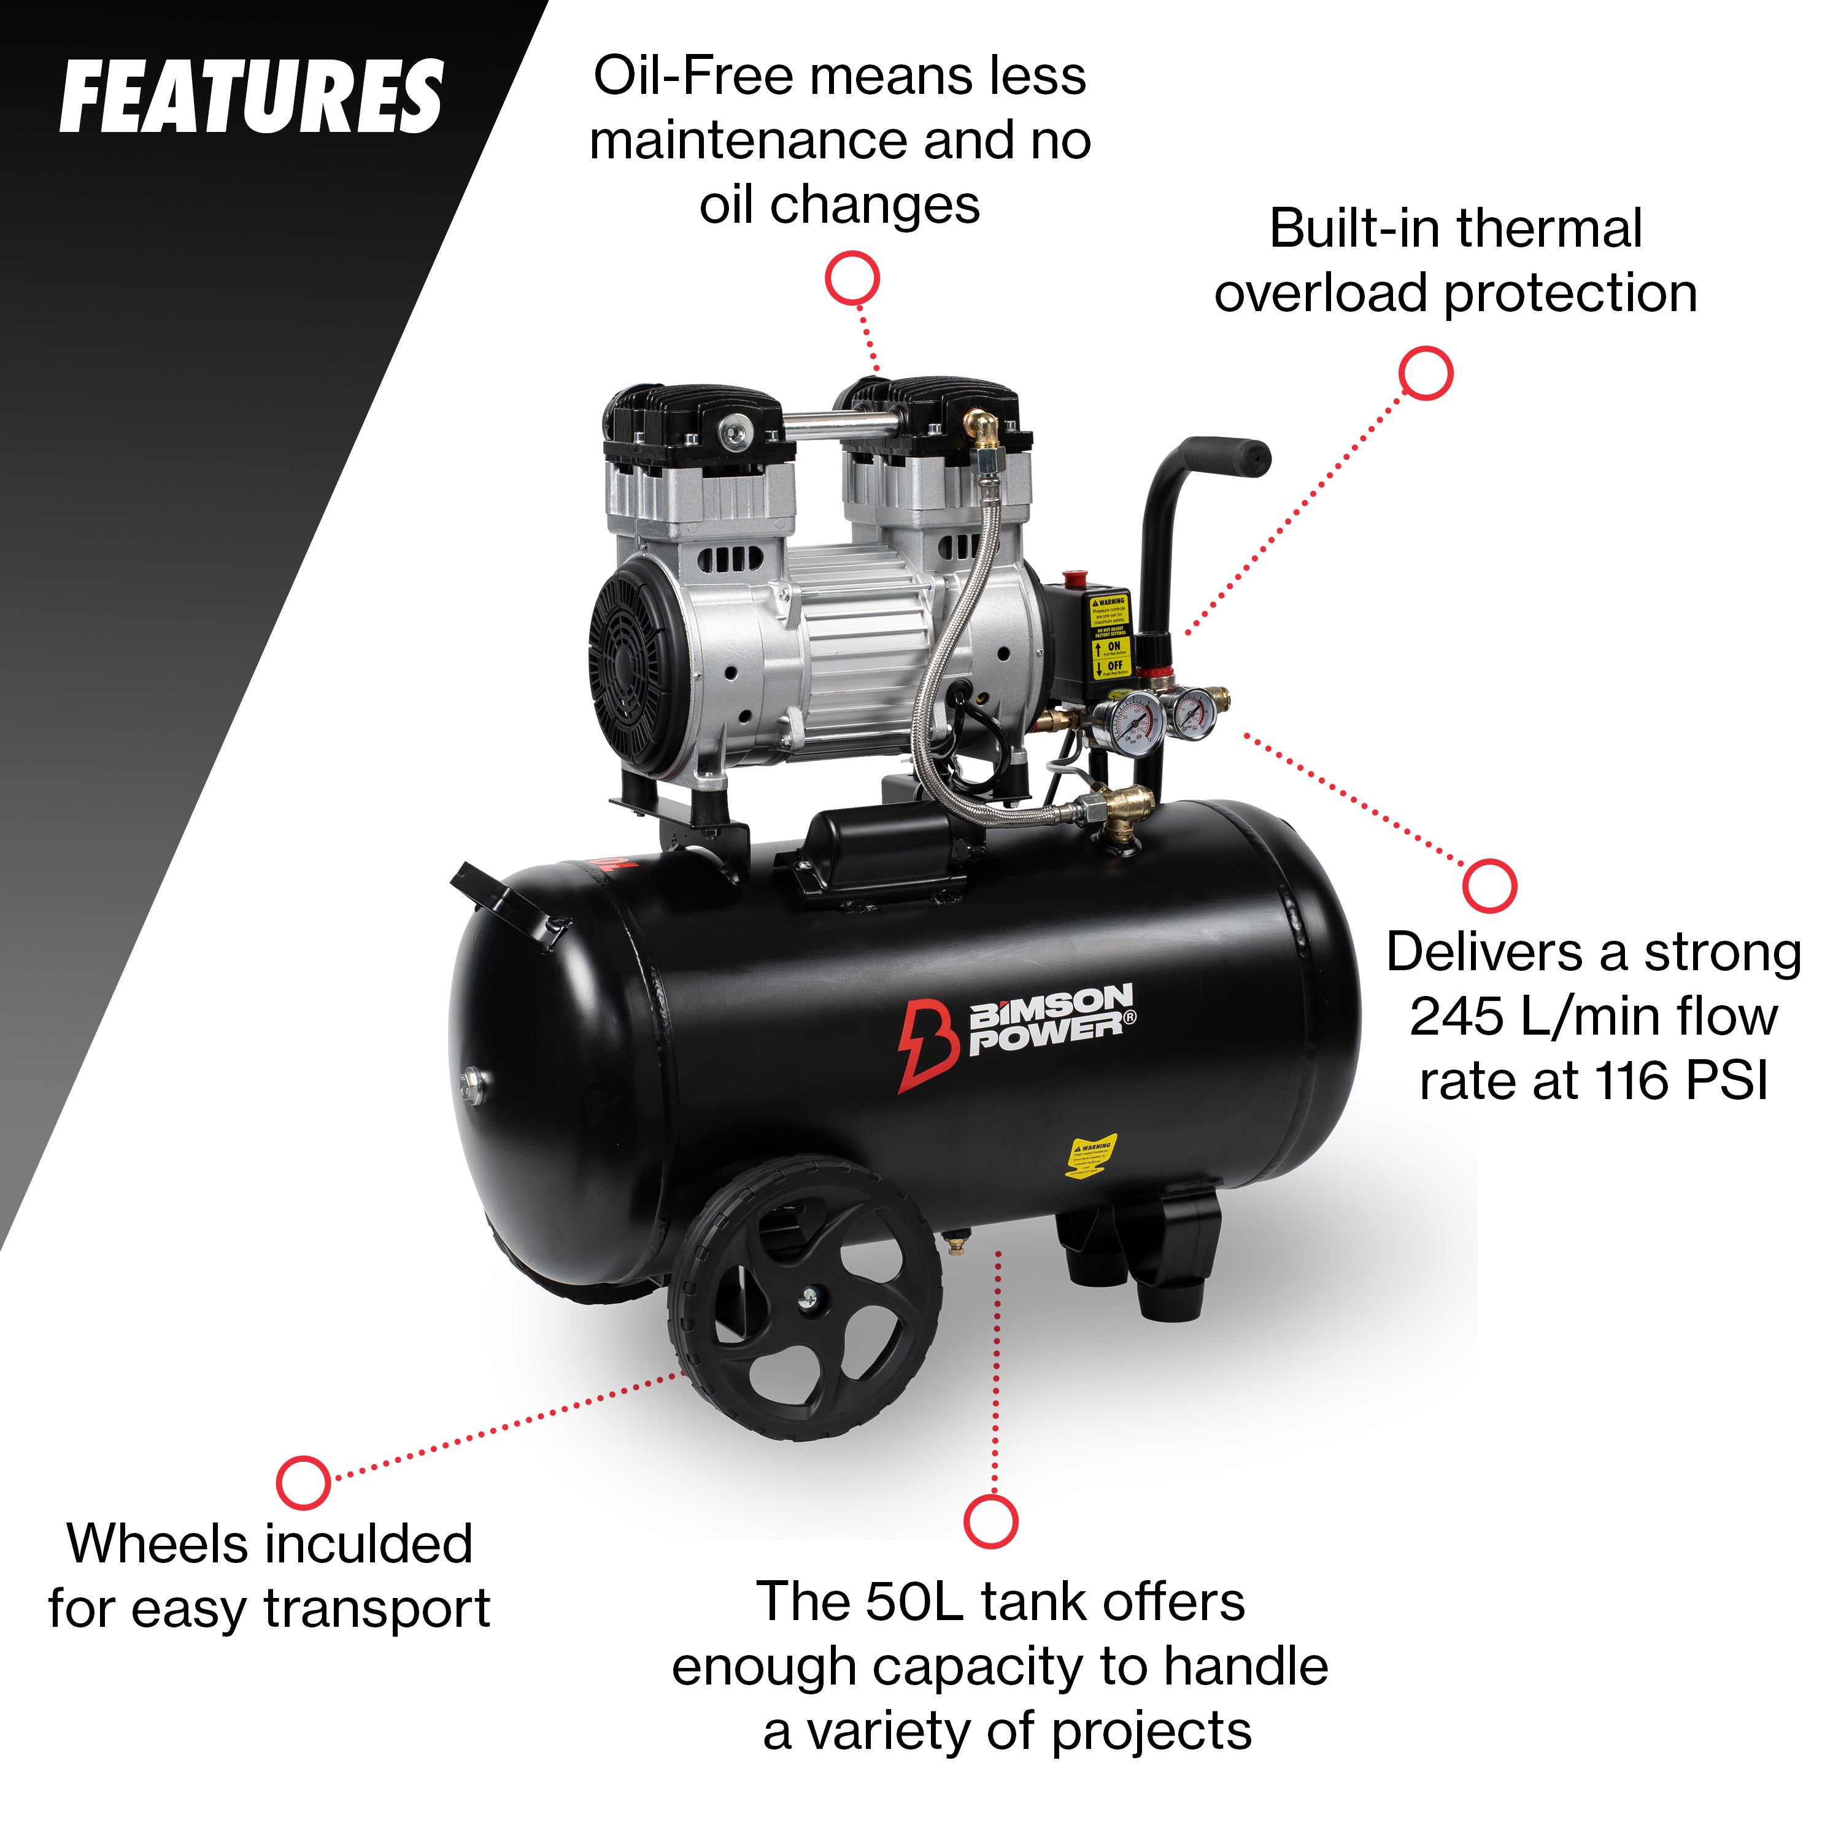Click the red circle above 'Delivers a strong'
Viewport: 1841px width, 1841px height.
[1488, 886]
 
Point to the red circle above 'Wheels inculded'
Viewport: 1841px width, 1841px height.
[303, 1482]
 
